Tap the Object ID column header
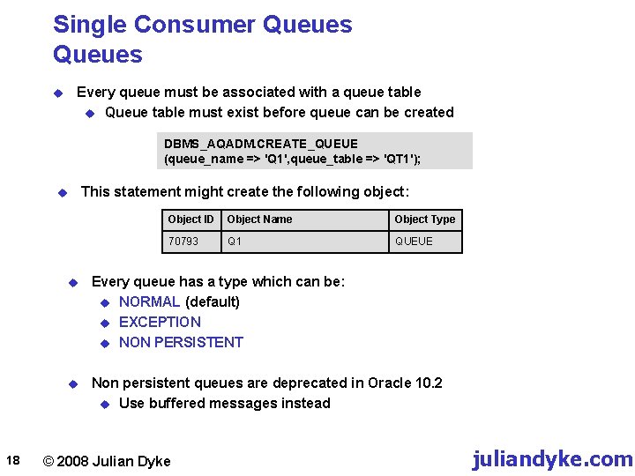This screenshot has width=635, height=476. (190, 219)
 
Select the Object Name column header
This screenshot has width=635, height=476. (259, 219)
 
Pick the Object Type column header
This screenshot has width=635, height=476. (425, 219)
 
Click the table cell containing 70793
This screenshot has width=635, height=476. (183, 241)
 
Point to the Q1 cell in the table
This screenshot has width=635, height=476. (235, 241)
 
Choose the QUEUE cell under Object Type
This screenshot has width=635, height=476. (414, 241)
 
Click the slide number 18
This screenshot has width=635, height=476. (12, 459)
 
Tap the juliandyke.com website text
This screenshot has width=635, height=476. (552, 459)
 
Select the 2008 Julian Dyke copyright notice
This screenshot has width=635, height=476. (107, 461)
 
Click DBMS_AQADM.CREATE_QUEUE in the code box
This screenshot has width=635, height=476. (261, 144)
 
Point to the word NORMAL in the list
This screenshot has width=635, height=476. (149, 301)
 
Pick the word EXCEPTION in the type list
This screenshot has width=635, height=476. (160, 322)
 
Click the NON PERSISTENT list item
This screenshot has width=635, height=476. (181, 342)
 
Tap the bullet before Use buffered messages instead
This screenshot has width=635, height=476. (105, 404)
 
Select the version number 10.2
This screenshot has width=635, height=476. (427, 383)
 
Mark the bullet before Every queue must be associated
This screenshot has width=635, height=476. (57, 93)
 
